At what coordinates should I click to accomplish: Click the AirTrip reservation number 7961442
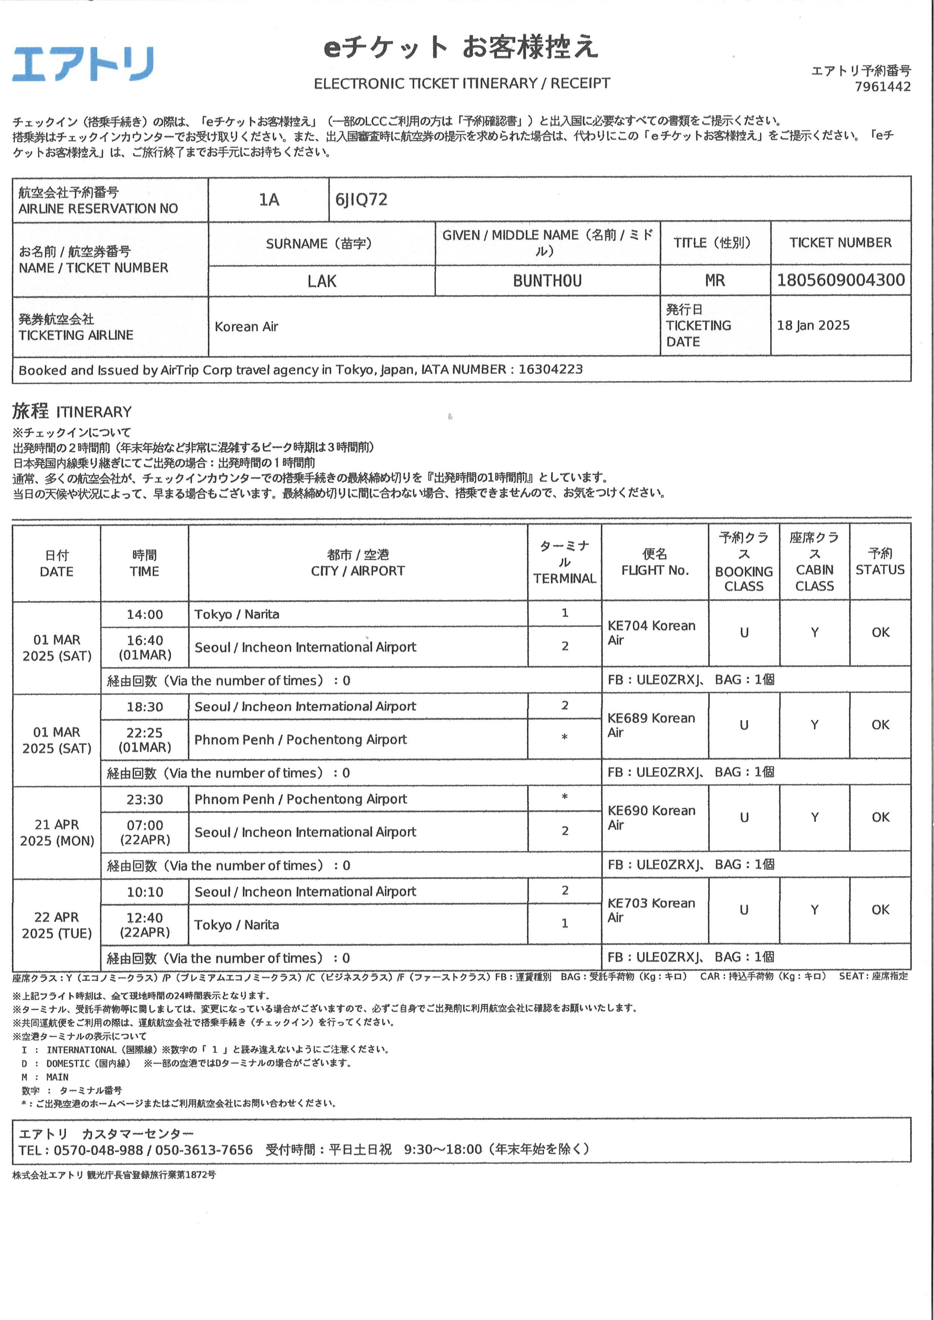pos(882,87)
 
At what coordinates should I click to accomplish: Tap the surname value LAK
pos(322,281)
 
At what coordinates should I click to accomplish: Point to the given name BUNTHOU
pos(547,281)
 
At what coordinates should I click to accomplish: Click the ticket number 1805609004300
pos(840,280)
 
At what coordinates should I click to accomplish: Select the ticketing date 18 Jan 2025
pos(813,326)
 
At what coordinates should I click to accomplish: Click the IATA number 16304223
pos(550,369)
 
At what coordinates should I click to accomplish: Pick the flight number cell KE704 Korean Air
pos(651,632)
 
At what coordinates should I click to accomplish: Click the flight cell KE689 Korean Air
pos(651,725)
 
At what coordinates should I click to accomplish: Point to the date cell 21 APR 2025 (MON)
pos(56,833)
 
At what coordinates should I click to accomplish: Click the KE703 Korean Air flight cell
pos(651,910)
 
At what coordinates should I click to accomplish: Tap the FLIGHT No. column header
pos(655,562)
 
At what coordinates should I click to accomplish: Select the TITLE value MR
pos(714,280)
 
